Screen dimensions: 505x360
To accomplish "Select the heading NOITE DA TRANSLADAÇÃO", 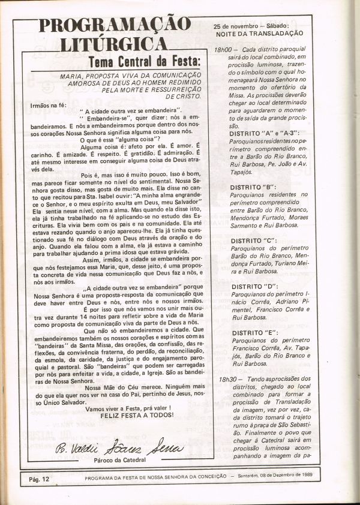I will pos(259,34).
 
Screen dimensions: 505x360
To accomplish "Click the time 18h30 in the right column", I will pos(227,379).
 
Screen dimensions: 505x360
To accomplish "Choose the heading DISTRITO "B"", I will pos(253,187).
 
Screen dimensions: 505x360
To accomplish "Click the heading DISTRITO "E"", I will pos(253,332).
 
